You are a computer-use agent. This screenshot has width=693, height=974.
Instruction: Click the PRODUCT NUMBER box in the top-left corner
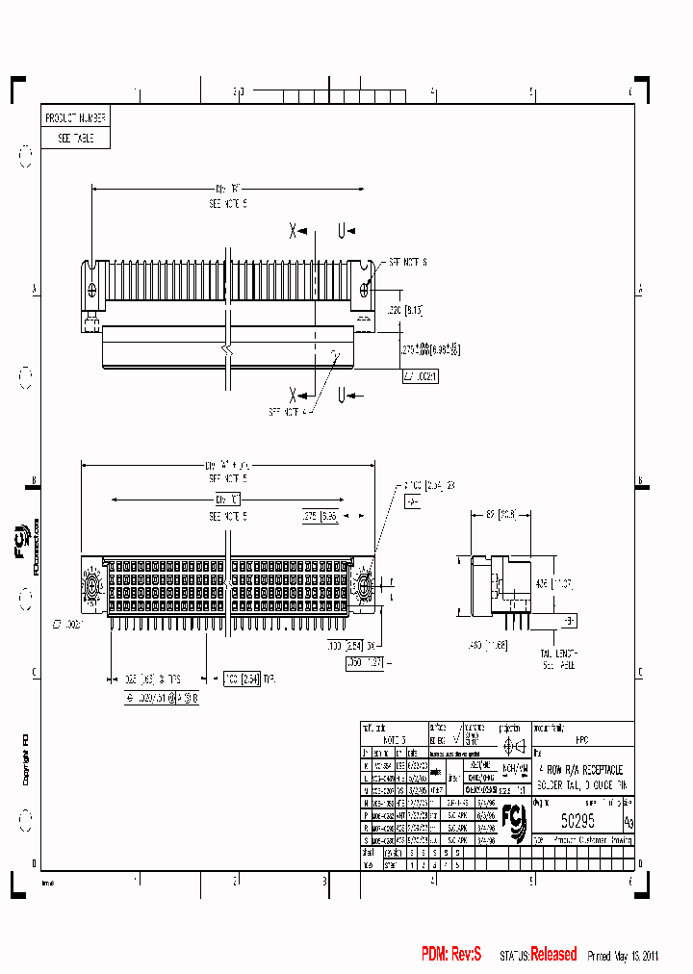tap(75, 117)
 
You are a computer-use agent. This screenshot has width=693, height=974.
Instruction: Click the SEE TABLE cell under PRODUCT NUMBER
tap(75, 138)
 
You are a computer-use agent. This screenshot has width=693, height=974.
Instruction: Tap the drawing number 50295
tap(577, 820)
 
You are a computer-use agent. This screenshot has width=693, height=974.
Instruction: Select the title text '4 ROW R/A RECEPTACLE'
tap(581, 770)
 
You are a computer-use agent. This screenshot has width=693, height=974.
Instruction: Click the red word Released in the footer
tap(554, 955)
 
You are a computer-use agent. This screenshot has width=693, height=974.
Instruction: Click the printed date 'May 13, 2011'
tap(636, 956)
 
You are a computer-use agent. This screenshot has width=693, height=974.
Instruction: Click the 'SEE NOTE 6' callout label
tap(407, 262)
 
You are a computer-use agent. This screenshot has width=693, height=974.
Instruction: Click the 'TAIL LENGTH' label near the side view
tap(557, 654)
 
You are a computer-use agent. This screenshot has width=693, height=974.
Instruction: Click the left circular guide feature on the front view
tap(94, 584)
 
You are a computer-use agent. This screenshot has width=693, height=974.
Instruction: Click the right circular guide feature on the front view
tap(363, 584)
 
